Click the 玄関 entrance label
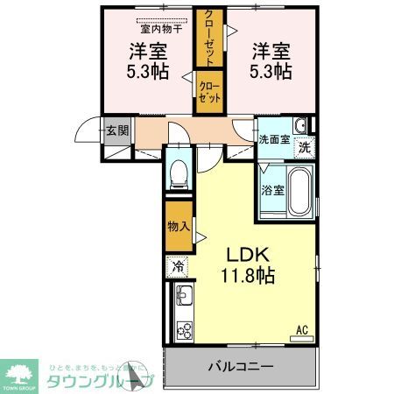tap(117, 131)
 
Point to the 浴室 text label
tap(271, 189)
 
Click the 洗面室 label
tap(273, 137)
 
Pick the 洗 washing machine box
tap(303, 148)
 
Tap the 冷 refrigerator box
tap(178, 266)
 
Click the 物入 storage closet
tap(179, 226)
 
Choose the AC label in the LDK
tap(300, 330)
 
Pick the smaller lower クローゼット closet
tap(210, 91)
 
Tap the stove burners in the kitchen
tap(186, 330)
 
